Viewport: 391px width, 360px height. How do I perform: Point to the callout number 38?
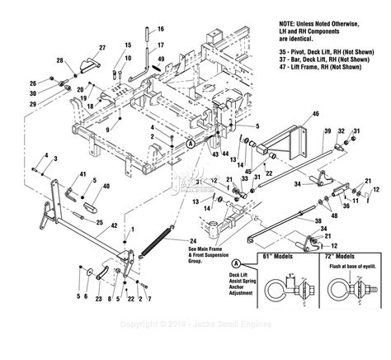(x=318, y=221)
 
